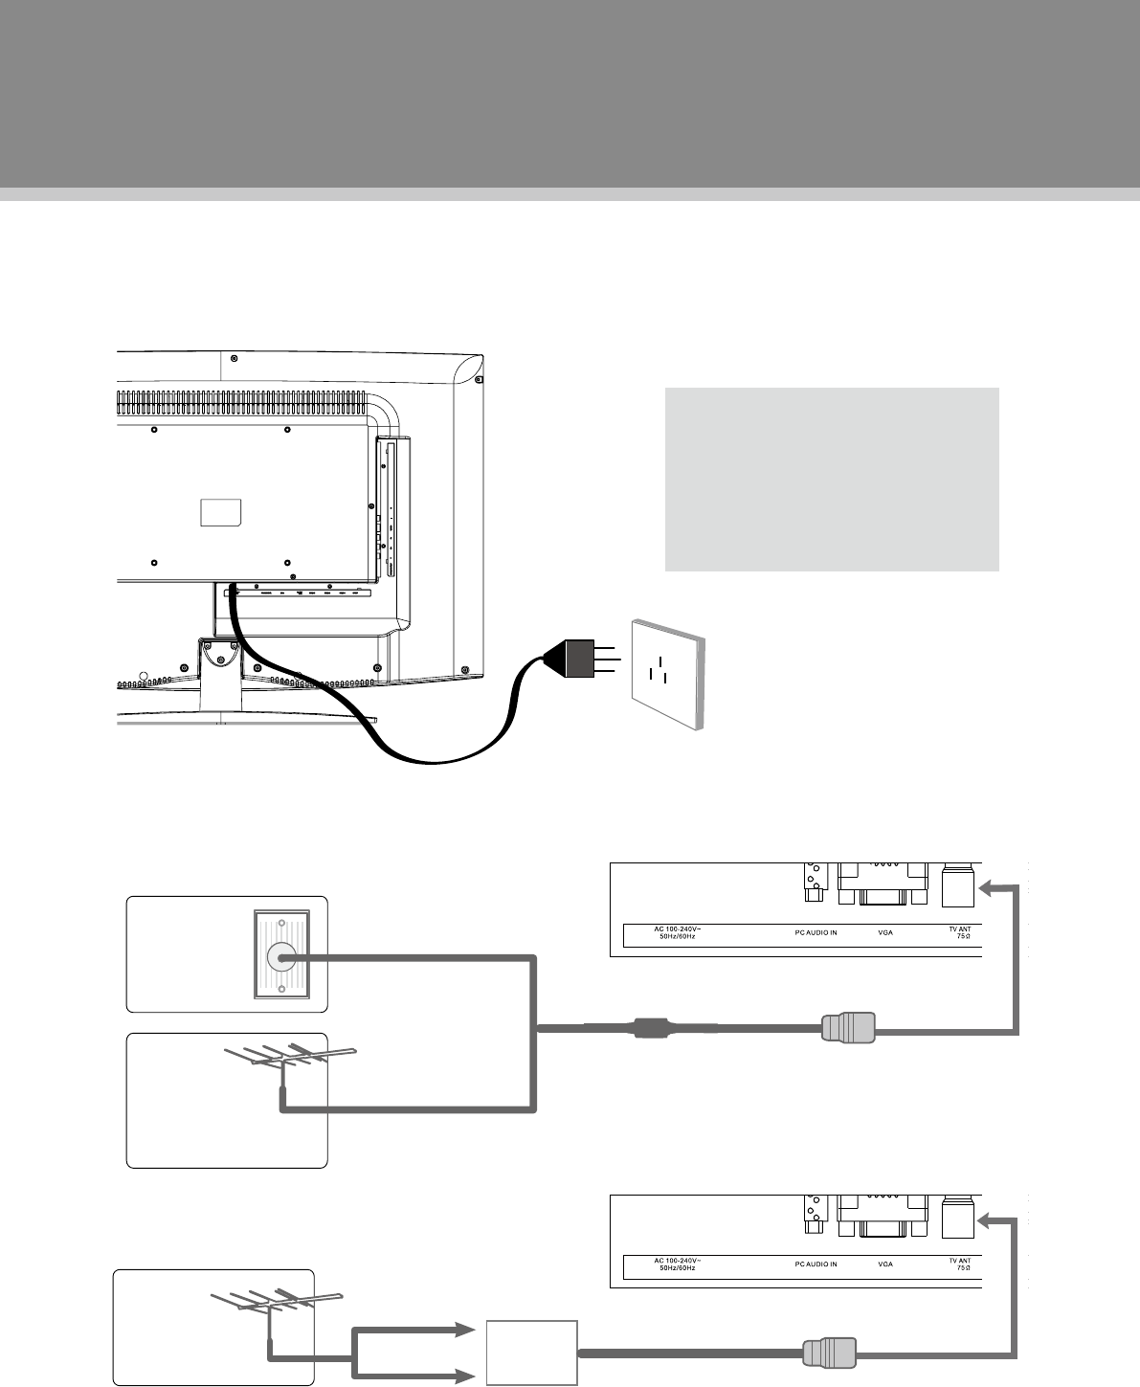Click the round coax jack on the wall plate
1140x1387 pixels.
[279, 955]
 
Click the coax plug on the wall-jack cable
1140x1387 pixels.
[847, 1029]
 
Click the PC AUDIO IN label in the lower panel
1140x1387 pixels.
[816, 1264]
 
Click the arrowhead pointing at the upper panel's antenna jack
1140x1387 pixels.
[986, 888]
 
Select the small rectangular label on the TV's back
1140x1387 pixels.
[221, 512]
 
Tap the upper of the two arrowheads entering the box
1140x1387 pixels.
[464, 1331]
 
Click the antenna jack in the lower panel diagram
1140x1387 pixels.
[957, 1218]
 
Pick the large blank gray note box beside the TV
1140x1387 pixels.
[832, 479]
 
